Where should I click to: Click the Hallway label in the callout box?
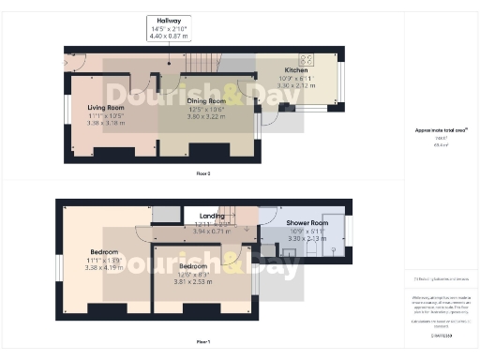[x=170, y=21]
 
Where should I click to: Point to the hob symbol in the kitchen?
[x=306, y=58]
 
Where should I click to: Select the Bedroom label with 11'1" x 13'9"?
[x=103, y=252]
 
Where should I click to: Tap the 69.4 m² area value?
[x=439, y=145]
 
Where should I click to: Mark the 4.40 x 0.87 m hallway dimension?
[x=170, y=35]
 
